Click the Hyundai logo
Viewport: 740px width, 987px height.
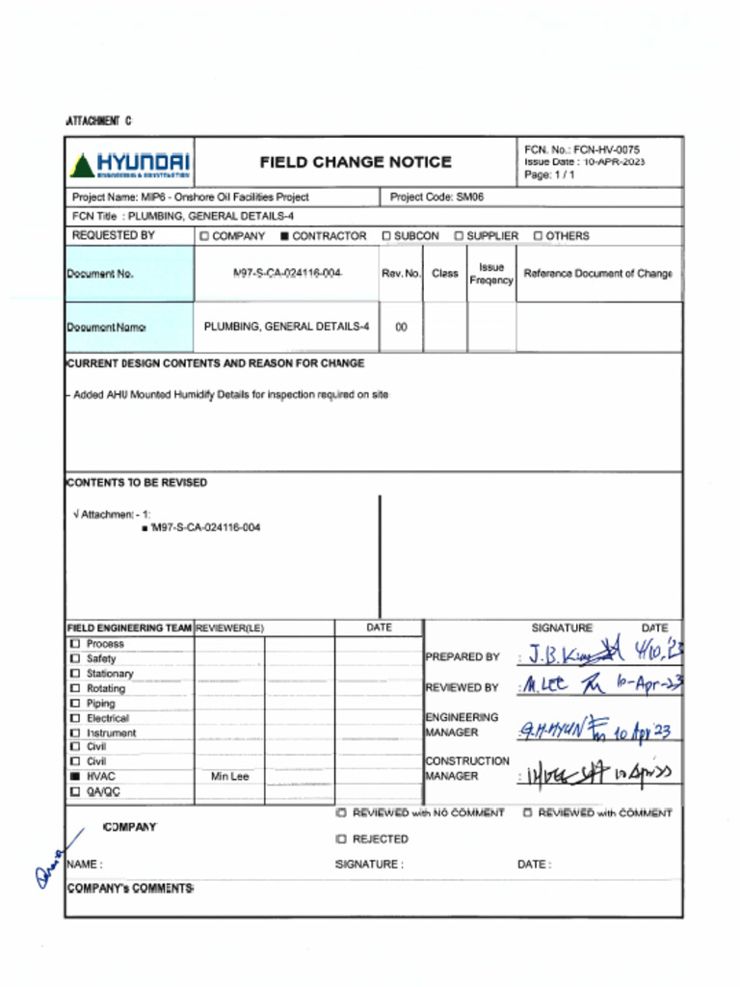(x=129, y=164)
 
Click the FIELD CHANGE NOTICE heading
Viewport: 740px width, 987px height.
(x=355, y=163)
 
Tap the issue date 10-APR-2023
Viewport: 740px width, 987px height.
(x=614, y=162)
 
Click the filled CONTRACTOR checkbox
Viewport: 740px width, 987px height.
(x=284, y=236)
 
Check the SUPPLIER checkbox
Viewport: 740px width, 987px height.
(x=460, y=236)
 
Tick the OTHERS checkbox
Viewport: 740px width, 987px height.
(x=538, y=236)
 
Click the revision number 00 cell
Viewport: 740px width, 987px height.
(x=401, y=328)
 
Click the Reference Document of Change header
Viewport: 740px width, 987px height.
(x=597, y=274)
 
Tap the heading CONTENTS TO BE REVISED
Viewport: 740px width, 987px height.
(x=136, y=482)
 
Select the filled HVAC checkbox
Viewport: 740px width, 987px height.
(x=74, y=776)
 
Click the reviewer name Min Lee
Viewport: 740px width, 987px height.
(x=229, y=777)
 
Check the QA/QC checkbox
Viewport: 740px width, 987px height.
(x=74, y=791)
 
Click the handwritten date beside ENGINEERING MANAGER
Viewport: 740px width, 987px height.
(x=642, y=733)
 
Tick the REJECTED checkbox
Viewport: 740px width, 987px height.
(x=341, y=840)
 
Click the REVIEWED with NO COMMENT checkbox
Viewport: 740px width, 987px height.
(x=341, y=814)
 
